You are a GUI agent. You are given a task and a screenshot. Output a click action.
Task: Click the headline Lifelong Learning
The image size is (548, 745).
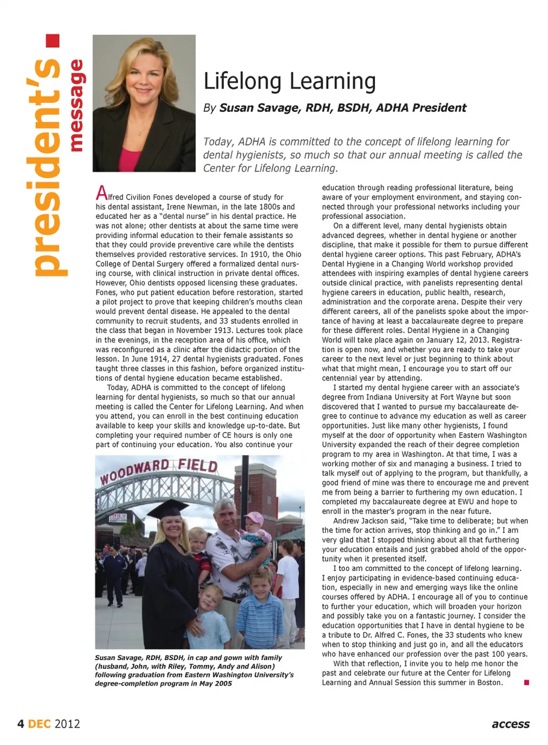point(289,82)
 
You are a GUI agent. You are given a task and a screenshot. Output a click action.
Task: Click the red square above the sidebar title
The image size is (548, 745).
point(53,41)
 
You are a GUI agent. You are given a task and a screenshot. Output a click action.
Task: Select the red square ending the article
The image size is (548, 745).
point(526,682)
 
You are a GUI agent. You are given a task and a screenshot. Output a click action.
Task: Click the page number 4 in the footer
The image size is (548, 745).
point(21,724)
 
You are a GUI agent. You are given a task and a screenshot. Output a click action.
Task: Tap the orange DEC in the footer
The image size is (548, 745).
point(39,724)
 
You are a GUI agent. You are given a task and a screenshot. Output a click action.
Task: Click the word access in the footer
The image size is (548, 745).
point(510,724)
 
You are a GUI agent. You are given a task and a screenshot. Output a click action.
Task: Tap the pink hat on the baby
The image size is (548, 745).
point(253,519)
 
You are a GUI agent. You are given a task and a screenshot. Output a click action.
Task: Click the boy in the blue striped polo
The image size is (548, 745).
point(261,605)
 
